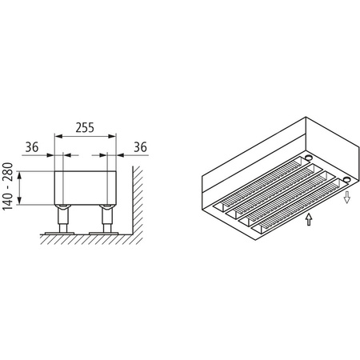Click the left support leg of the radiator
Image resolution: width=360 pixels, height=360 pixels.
click(x=62, y=218)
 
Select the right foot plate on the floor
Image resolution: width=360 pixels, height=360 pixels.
click(x=104, y=234)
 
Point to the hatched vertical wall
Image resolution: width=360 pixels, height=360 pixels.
click(x=136, y=200)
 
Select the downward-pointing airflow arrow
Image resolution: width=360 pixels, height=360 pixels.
click(x=346, y=197)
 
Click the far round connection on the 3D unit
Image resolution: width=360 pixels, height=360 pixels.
click(x=306, y=159)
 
